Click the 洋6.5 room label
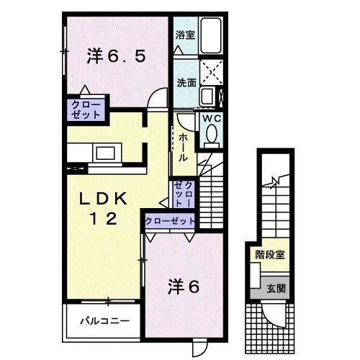point(120,55)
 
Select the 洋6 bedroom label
point(184,286)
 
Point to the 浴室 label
point(184,34)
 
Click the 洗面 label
point(186,82)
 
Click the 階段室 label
point(269,254)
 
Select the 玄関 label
point(274,287)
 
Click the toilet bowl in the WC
point(212,135)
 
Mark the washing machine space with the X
point(211,73)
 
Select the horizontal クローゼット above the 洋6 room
point(170,222)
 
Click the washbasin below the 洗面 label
point(207,96)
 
